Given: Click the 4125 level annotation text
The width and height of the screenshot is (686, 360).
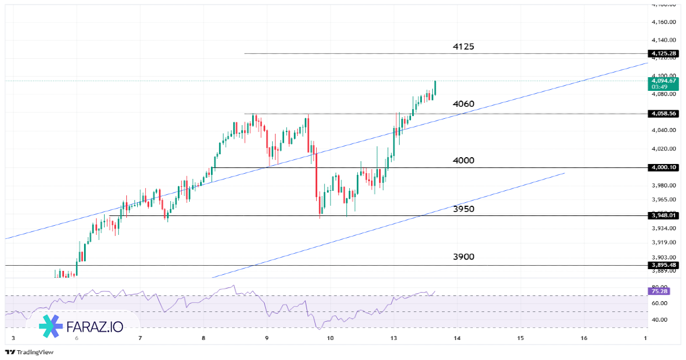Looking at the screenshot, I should point(463,46).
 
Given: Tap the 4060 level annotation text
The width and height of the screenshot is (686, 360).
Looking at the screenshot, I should point(463,104).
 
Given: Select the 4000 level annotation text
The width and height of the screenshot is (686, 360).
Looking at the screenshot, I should point(463,161).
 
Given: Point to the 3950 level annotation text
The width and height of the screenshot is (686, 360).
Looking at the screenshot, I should point(463,209).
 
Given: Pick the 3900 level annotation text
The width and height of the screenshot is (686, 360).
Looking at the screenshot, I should point(463,257).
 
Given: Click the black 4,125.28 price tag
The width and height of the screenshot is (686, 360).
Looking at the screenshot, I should point(664,54).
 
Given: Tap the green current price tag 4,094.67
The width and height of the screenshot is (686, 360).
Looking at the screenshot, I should point(664,83).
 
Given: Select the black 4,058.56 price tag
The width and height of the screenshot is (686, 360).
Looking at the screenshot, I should point(664,114).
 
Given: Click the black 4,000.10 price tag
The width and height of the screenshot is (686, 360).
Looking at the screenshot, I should point(664,167).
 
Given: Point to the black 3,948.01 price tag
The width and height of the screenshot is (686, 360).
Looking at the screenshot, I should point(664,215).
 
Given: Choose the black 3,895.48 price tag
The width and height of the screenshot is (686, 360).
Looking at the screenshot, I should point(664,265).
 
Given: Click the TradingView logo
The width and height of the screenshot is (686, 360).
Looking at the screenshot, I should point(29,352).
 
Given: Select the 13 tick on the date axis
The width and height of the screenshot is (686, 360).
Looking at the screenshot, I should point(394,338).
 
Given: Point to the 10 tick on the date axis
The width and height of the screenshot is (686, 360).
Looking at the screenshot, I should point(330,338).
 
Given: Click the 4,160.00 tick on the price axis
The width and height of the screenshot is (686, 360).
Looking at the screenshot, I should point(664,22).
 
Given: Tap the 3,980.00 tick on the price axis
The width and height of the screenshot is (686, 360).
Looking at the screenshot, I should point(664,185).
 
